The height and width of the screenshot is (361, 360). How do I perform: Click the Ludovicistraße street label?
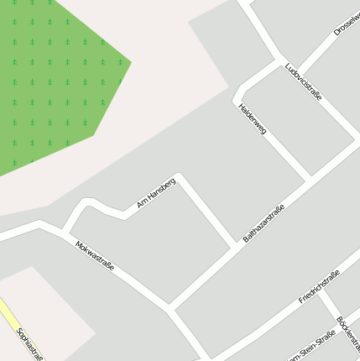[x=303, y=81]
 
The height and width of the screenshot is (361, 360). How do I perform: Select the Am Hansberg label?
[x=155, y=193]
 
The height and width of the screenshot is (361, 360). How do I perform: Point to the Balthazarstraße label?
[x=264, y=223]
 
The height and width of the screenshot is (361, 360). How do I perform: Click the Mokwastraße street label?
[x=94, y=257]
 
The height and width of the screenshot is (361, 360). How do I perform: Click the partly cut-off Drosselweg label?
[x=346, y=21]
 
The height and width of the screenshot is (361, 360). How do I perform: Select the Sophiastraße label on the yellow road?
[x=29, y=343]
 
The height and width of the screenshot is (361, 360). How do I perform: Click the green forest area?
[x=50, y=76]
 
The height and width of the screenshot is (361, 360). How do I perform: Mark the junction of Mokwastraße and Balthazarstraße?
[x=170, y=307]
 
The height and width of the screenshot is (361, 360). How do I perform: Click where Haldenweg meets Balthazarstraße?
[x=310, y=179]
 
